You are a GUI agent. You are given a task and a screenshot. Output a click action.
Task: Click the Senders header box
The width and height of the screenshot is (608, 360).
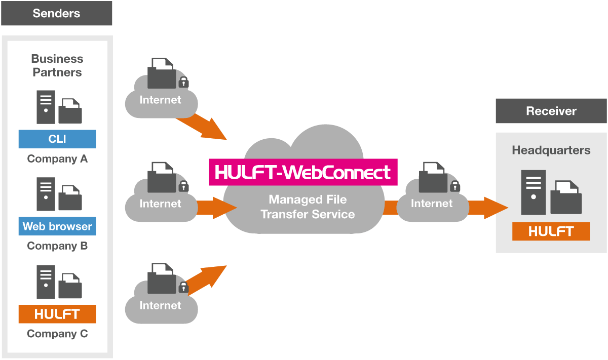[x=56, y=13]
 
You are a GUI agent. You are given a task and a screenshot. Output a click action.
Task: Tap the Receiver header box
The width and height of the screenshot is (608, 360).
[x=551, y=111]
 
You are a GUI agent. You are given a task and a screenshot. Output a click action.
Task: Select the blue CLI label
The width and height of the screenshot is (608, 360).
[x=57, y=139]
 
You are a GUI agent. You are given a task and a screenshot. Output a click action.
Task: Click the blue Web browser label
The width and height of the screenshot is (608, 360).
[x=57, y=226]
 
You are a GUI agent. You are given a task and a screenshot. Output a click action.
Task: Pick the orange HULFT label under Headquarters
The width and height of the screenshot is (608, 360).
[x=551, y=231]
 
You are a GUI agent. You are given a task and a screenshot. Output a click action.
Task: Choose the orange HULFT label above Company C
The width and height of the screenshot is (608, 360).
[x=57, y=314]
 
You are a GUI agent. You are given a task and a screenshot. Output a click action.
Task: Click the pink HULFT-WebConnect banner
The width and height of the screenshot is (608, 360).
[x=303, y=172]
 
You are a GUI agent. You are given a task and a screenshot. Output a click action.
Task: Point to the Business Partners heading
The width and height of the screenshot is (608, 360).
[x=57, y=66]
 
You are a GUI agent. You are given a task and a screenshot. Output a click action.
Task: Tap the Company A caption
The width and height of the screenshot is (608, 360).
[x=57, y=159]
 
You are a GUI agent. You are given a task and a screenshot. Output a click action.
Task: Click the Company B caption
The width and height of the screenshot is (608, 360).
[x=57, y=246]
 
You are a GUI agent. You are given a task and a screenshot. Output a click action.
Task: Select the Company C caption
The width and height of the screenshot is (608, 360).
[x=57, y=334]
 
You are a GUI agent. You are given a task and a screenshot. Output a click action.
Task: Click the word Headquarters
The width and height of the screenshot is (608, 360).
[x=551, y=150]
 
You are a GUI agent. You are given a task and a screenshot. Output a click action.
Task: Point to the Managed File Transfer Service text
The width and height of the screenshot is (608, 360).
[x=308, y=207]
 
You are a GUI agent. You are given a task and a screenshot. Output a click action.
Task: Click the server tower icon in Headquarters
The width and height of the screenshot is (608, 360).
[x=534, y=192]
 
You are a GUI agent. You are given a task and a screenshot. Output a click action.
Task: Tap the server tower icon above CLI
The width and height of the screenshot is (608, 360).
[x=46, y=107]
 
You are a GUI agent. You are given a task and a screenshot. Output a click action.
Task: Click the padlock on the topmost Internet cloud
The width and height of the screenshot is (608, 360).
[x=183, y=82]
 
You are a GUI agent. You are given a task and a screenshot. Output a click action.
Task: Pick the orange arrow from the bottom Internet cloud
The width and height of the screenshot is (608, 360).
[x=205, y=277]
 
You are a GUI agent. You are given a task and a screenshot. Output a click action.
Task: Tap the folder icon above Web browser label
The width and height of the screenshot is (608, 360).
[x=70, y=198]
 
